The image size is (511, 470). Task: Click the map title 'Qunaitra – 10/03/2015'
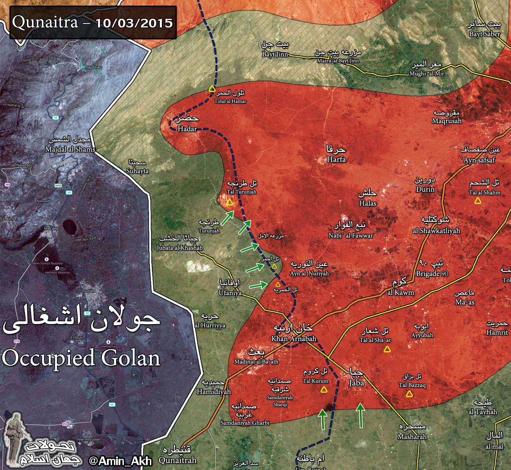(92, 23)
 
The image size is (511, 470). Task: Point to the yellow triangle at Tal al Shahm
(478, 201)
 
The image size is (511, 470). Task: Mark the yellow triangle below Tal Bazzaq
(409, 394)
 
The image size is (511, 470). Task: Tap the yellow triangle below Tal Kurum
(324, 390)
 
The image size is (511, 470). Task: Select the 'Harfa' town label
(336, 159)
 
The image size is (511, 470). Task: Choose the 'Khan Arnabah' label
(294, 339)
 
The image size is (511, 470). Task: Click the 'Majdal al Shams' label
(70, 149)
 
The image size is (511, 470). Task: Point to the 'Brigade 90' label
(432, 273)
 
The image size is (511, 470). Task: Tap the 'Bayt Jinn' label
(275, 54)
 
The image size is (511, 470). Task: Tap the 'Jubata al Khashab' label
(180, 248)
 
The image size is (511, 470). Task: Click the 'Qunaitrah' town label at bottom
(177, 460)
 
